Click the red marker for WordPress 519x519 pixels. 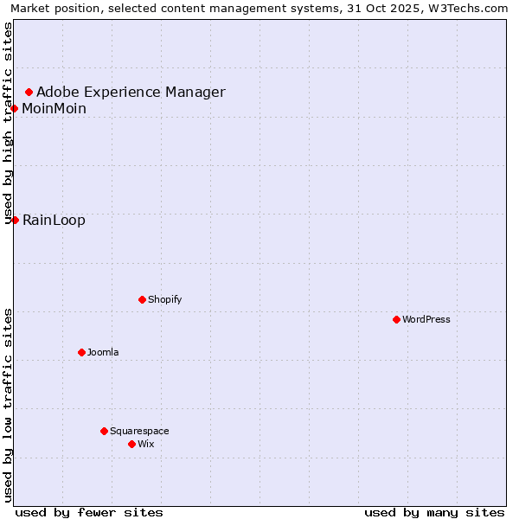click(x=396, y=319)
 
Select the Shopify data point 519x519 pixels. click(x=142, y=299)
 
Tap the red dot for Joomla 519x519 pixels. click(x=81, y=352)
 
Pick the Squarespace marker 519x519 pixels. click(x=104, y=431)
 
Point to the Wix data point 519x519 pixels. click(x=131, y=444)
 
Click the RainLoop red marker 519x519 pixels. click(x=15, y=220)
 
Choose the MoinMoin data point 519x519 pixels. click(x=15, y=108)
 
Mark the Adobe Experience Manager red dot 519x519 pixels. click(x=29, y=92)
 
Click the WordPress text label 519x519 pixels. click(x=426, y=319)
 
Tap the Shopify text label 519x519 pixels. click(x=164, y=299)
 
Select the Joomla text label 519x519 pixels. click(x=103, y=352)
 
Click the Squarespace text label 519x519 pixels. click(x=139, y=431)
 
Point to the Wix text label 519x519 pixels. click(x=145, y=444)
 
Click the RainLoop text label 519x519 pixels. click(x=54, y=220)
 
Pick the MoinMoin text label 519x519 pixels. click(x=54, y=108)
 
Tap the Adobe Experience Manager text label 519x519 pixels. click(x=131, y=92)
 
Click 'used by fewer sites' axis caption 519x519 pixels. click(x=89, y=512)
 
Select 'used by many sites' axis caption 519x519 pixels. click(x=434, y=512)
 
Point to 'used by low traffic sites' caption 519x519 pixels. click(x=9, y=405)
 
